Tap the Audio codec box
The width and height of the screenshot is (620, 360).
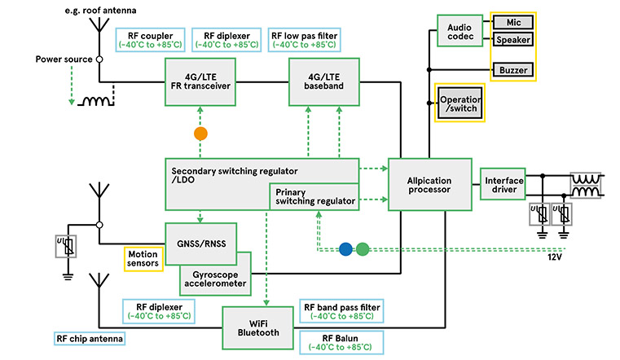[x=460, y=33]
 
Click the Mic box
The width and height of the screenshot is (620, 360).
[x=512, y=20]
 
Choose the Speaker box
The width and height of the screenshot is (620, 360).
[x=512, y=39]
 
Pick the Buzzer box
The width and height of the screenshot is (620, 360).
[x=512, y=71]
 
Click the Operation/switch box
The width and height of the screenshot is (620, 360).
[x=460, y=103]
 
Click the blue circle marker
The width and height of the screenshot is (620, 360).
[x=345, y=249]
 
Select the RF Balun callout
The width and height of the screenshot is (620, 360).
[x=341, y=341]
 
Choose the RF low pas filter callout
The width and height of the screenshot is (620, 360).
[x=304, y=38]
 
